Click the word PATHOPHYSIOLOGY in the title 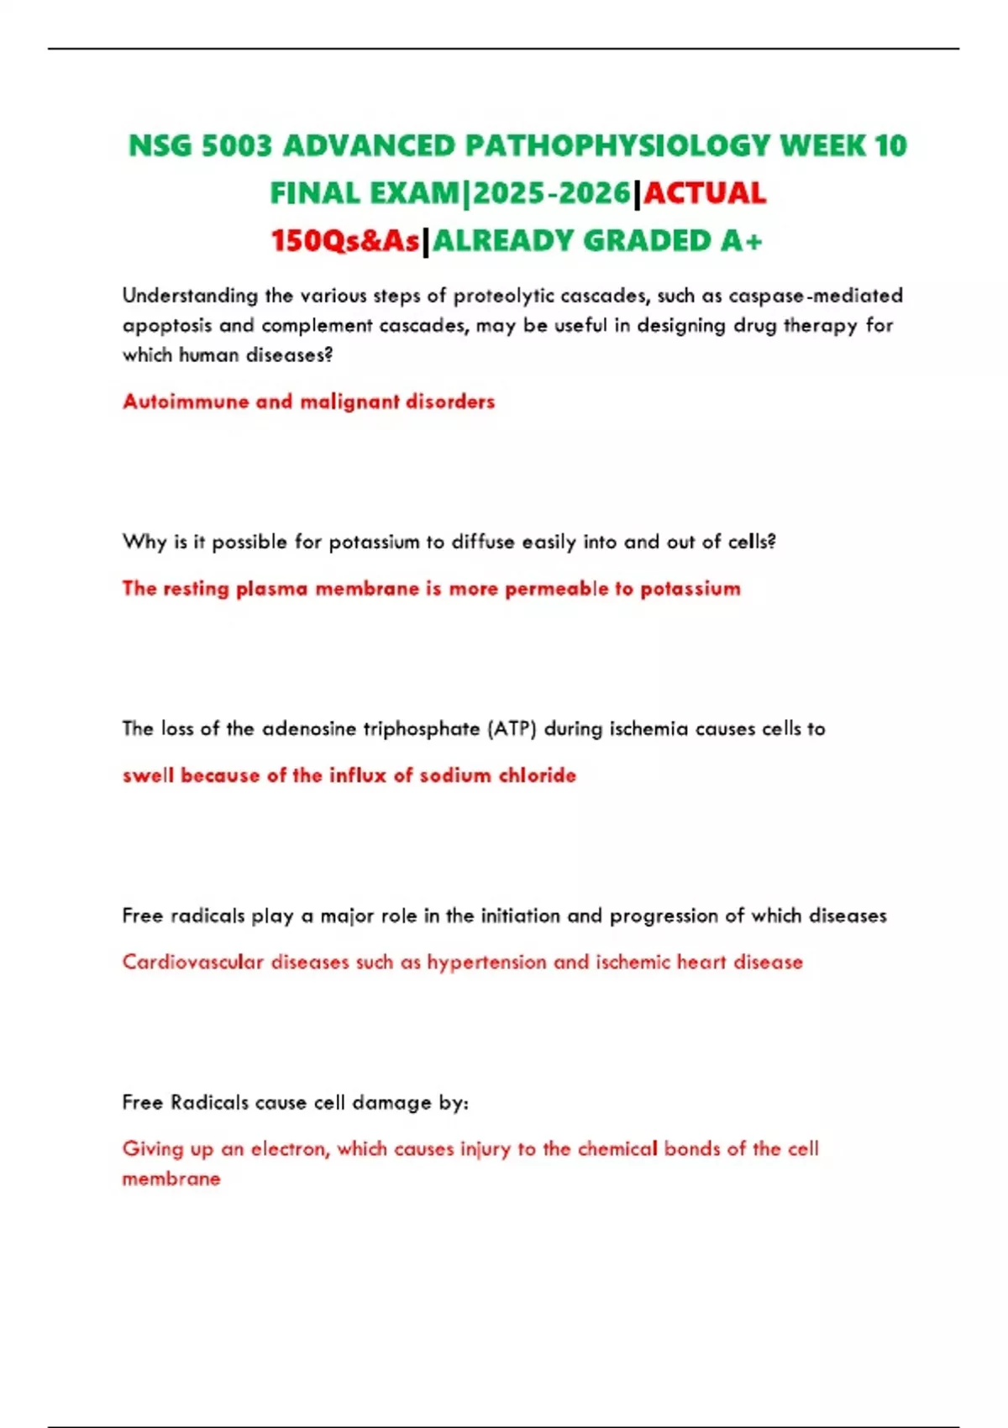click(x=617, y=146)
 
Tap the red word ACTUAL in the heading click(x=705, y=194)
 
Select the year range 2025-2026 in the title click(x=552, y=194)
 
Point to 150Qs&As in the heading click(x=344, y=242)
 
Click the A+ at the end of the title click(x=741, y=242)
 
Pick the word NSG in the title click(x=160, y=146)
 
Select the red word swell click(x=147, y=775)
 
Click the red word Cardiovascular click(x=192, y=962)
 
